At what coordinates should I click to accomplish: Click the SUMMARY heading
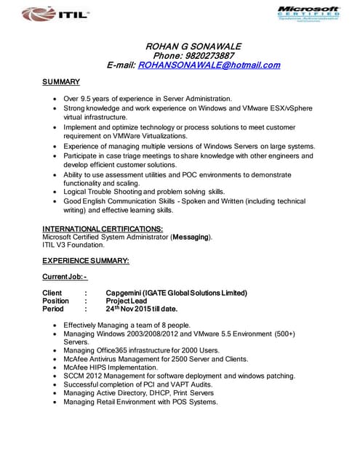(x=61, y=81)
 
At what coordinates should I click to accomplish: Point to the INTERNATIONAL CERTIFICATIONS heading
(x=103, y=229)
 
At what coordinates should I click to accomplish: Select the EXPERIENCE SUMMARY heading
(x=86, y=260)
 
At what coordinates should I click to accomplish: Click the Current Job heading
(x=65, y=277)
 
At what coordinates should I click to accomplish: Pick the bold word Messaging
(x=191, y=237)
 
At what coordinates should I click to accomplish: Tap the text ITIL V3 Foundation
(x=73, y=245)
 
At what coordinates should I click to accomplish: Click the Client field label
(x=52, y=293)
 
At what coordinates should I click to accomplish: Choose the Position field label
(x=56, y=301)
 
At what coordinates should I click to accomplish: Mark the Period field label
(x=53, y=309)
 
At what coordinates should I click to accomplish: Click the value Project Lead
(x=127, y=301)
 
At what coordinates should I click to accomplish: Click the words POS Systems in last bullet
(x=196, y=402)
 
